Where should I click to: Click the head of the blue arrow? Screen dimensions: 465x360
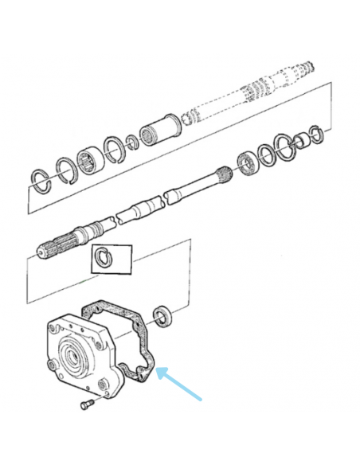coord(158,371)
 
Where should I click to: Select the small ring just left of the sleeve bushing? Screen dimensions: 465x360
coord(133,143)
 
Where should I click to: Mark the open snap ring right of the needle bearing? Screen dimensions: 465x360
coord(115,149)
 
